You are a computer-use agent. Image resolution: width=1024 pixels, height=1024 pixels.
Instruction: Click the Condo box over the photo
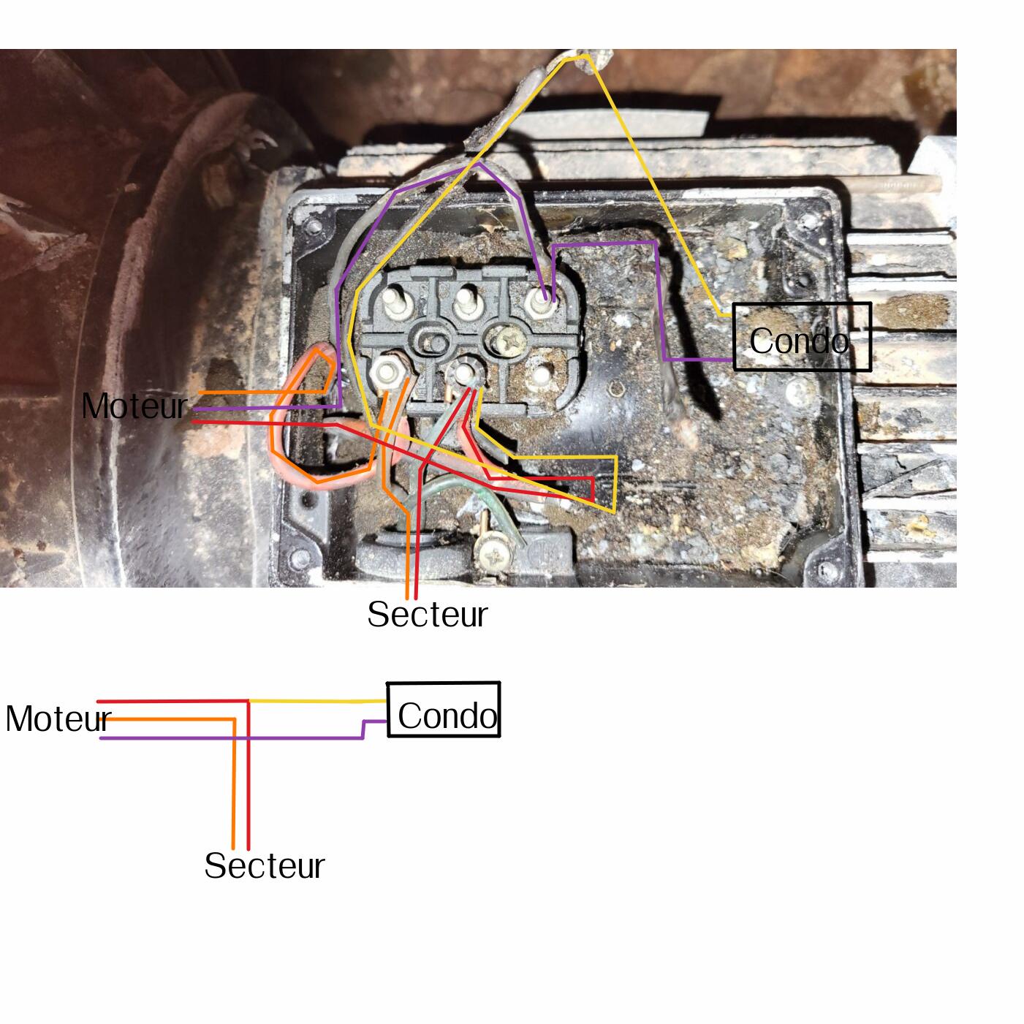pyautogui.click(x=802, y=337)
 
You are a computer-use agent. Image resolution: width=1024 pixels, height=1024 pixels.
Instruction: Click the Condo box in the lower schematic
pyautogui.click(x=444, y=710)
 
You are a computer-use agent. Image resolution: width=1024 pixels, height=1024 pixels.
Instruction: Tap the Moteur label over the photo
pyautogui.click(x=134, y=406)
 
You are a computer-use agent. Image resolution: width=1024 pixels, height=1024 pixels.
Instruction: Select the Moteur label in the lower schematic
pyautogui.click(x=58, y=719)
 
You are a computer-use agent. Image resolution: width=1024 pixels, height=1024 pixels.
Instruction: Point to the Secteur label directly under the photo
pyautogui.click(x=427, y=614)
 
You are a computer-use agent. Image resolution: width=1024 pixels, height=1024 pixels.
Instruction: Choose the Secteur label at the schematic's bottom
pyautogui.click(x=264, y=865)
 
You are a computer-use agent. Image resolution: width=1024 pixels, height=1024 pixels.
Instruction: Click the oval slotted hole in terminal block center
pyautogui.click(x=430, y=339)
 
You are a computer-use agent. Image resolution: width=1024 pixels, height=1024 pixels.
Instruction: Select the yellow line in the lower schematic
pyautogui.click(x=318, y=701)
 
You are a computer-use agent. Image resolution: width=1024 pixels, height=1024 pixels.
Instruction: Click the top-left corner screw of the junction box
pyautogui.click(x=314, y=227)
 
